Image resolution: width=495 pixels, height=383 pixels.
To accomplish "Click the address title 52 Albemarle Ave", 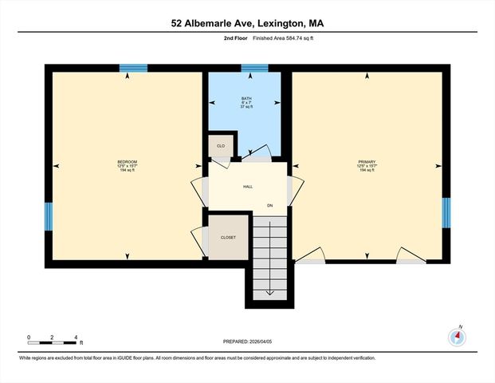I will [246, 23].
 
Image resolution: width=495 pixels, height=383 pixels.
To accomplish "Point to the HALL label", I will [248, 187].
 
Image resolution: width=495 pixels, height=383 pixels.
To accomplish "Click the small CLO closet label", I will [220, 147].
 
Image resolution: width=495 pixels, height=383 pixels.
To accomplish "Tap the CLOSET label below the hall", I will [228, 237].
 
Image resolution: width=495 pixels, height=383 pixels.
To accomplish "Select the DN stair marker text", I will [269, 206].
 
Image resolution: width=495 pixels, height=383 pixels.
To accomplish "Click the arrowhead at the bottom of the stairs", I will [269, 292].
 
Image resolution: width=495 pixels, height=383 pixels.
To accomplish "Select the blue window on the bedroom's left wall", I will [49, 214].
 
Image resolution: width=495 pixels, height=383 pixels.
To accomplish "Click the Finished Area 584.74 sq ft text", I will [275, 38].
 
